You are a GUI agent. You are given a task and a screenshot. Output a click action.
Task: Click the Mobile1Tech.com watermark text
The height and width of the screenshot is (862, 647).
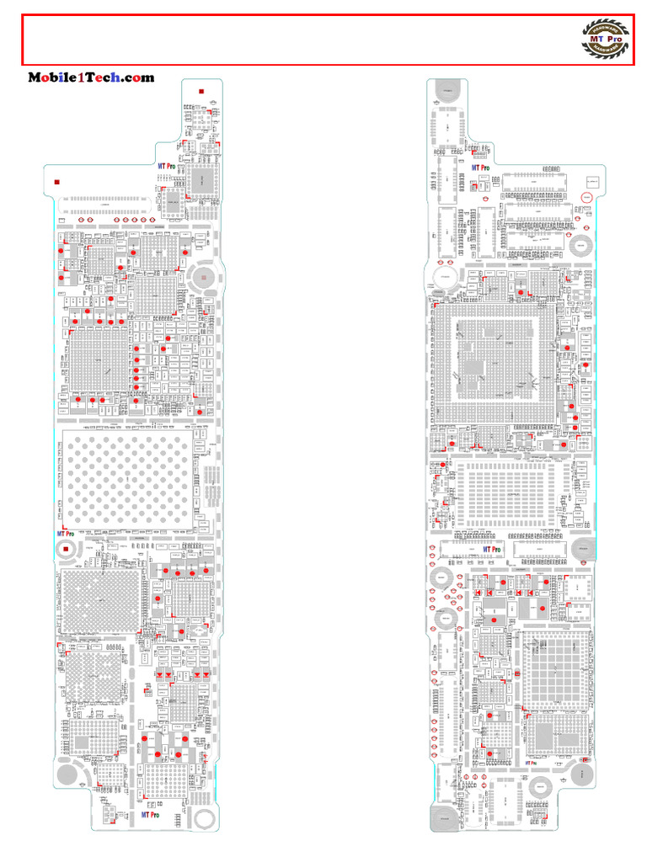pos(91,77)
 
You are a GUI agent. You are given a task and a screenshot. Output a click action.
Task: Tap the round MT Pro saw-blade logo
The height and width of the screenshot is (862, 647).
pos(607,40)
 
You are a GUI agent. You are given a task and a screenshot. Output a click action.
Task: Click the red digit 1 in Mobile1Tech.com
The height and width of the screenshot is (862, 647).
pos(82,77)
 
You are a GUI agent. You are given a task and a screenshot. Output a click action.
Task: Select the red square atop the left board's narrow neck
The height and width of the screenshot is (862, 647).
pos(201,91)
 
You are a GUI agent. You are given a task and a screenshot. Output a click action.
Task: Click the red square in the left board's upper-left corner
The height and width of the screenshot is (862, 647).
pos(56,182)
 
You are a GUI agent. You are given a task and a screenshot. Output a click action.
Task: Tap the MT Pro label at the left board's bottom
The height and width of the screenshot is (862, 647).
pos(151,815)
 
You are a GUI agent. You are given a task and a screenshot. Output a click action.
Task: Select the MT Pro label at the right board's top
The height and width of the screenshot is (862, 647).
pos(480,168)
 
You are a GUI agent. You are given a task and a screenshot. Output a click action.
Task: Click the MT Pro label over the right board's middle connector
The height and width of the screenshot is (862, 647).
pos(491,550)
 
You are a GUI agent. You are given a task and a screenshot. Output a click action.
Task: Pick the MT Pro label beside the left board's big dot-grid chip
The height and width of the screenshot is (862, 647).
pos(66,534)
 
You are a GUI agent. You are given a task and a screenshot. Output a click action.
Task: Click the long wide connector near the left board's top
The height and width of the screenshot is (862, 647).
pos(105,205)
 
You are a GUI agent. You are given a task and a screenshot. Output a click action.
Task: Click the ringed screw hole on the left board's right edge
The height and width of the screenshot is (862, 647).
pos(203,275)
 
